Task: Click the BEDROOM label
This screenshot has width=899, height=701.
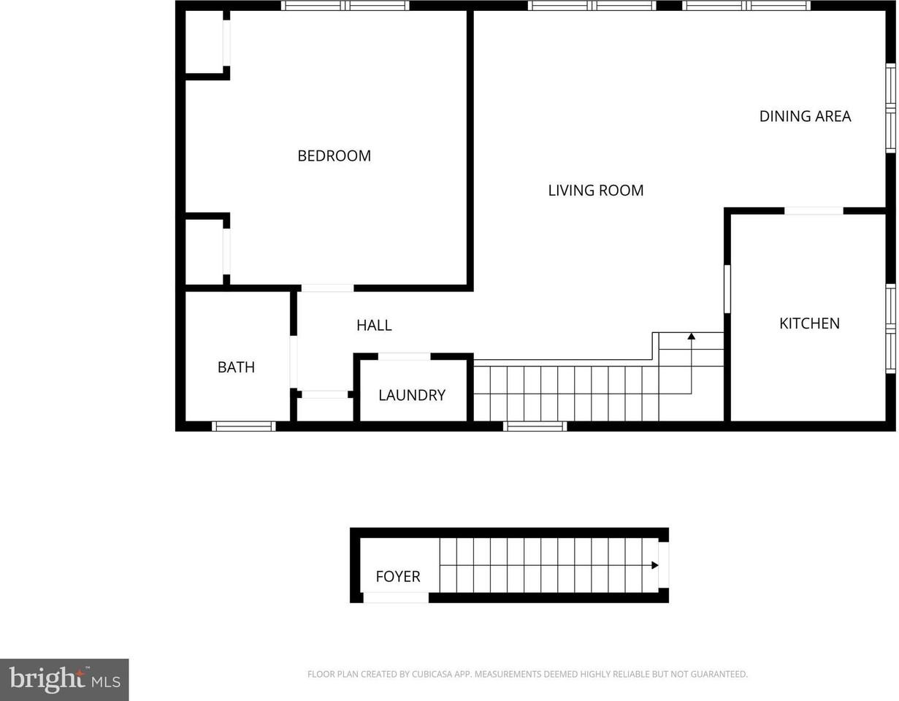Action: (334, 156)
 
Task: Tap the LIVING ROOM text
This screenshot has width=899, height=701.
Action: (596, 191)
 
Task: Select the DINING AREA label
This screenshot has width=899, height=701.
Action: (805, 116)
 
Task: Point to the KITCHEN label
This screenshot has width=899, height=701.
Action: (809, 323)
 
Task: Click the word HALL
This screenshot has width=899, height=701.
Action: (374, 326)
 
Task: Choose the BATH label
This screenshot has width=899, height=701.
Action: (236, 367)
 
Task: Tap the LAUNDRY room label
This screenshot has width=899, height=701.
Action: (412, 395)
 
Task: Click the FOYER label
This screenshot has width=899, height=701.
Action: (398, 577)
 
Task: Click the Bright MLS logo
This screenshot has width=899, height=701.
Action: (64, 680)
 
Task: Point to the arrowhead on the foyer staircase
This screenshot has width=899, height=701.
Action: (655, 565)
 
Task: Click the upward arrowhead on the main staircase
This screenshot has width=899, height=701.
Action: (691, 337)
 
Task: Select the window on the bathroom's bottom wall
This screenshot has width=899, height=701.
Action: (244, 426)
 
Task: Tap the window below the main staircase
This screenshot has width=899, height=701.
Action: (535, 426)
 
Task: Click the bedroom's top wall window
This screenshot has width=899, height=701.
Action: (345, 6)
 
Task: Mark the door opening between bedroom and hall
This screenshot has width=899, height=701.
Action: (327, 288)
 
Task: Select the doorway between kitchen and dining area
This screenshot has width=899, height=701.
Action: (814, 211)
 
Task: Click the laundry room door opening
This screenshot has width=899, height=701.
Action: (404, 357)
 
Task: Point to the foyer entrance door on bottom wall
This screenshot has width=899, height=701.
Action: (396, 598)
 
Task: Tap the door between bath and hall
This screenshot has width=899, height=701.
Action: (294, 361)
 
